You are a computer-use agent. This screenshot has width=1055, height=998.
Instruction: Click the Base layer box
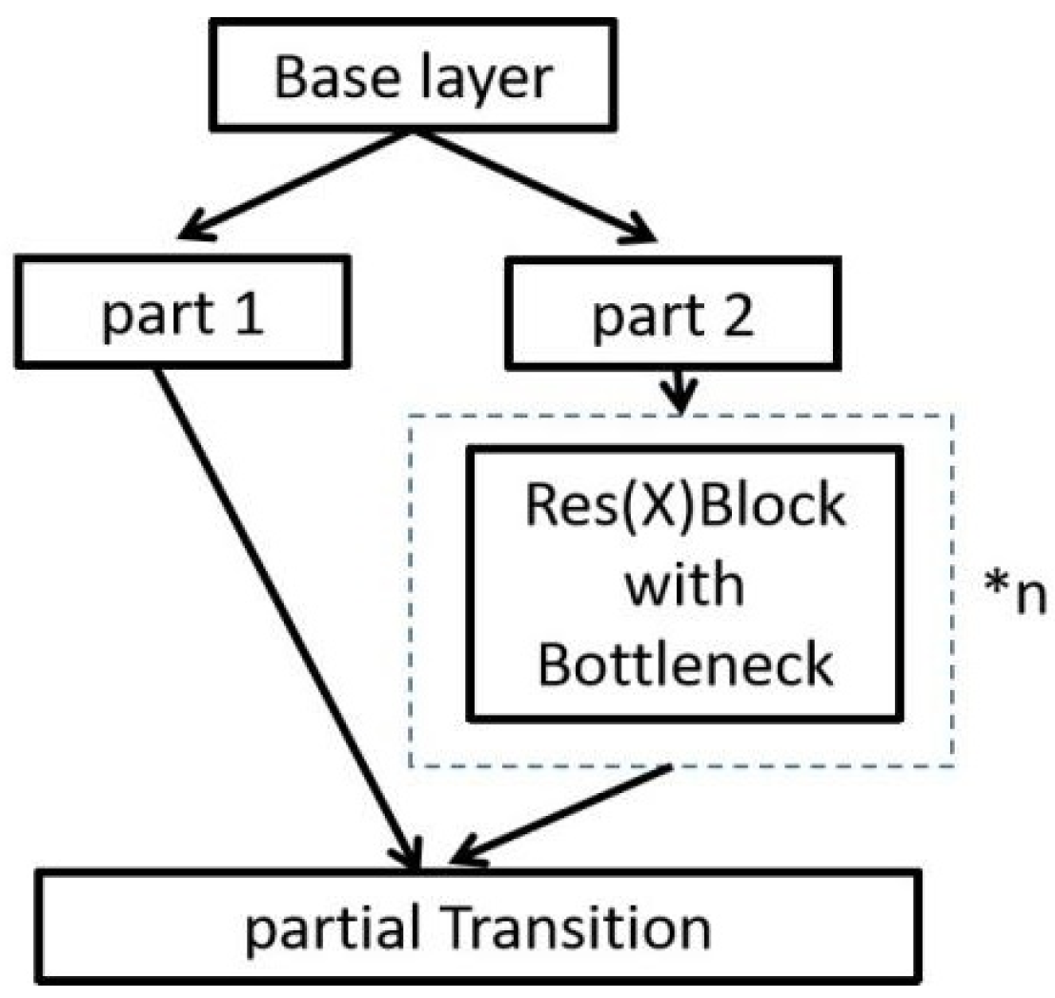pyautogui.click(x=413, y=75)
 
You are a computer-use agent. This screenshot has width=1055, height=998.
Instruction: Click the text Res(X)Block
pyautogui.click(x=682, y=505)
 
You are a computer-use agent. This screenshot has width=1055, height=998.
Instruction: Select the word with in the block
pyautogui.click(x=682, y=584)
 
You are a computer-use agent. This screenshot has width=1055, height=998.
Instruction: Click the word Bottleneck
pyautogui.click(x=682, y=664)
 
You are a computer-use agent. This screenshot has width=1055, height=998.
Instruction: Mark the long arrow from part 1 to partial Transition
pyautogui.click(x=286, y=610)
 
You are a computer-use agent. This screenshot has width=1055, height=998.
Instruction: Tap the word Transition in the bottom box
pyautogui.click(x=581, y=921)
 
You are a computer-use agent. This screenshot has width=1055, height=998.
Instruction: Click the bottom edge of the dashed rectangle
pyautogui.click(x=810, y=765)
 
